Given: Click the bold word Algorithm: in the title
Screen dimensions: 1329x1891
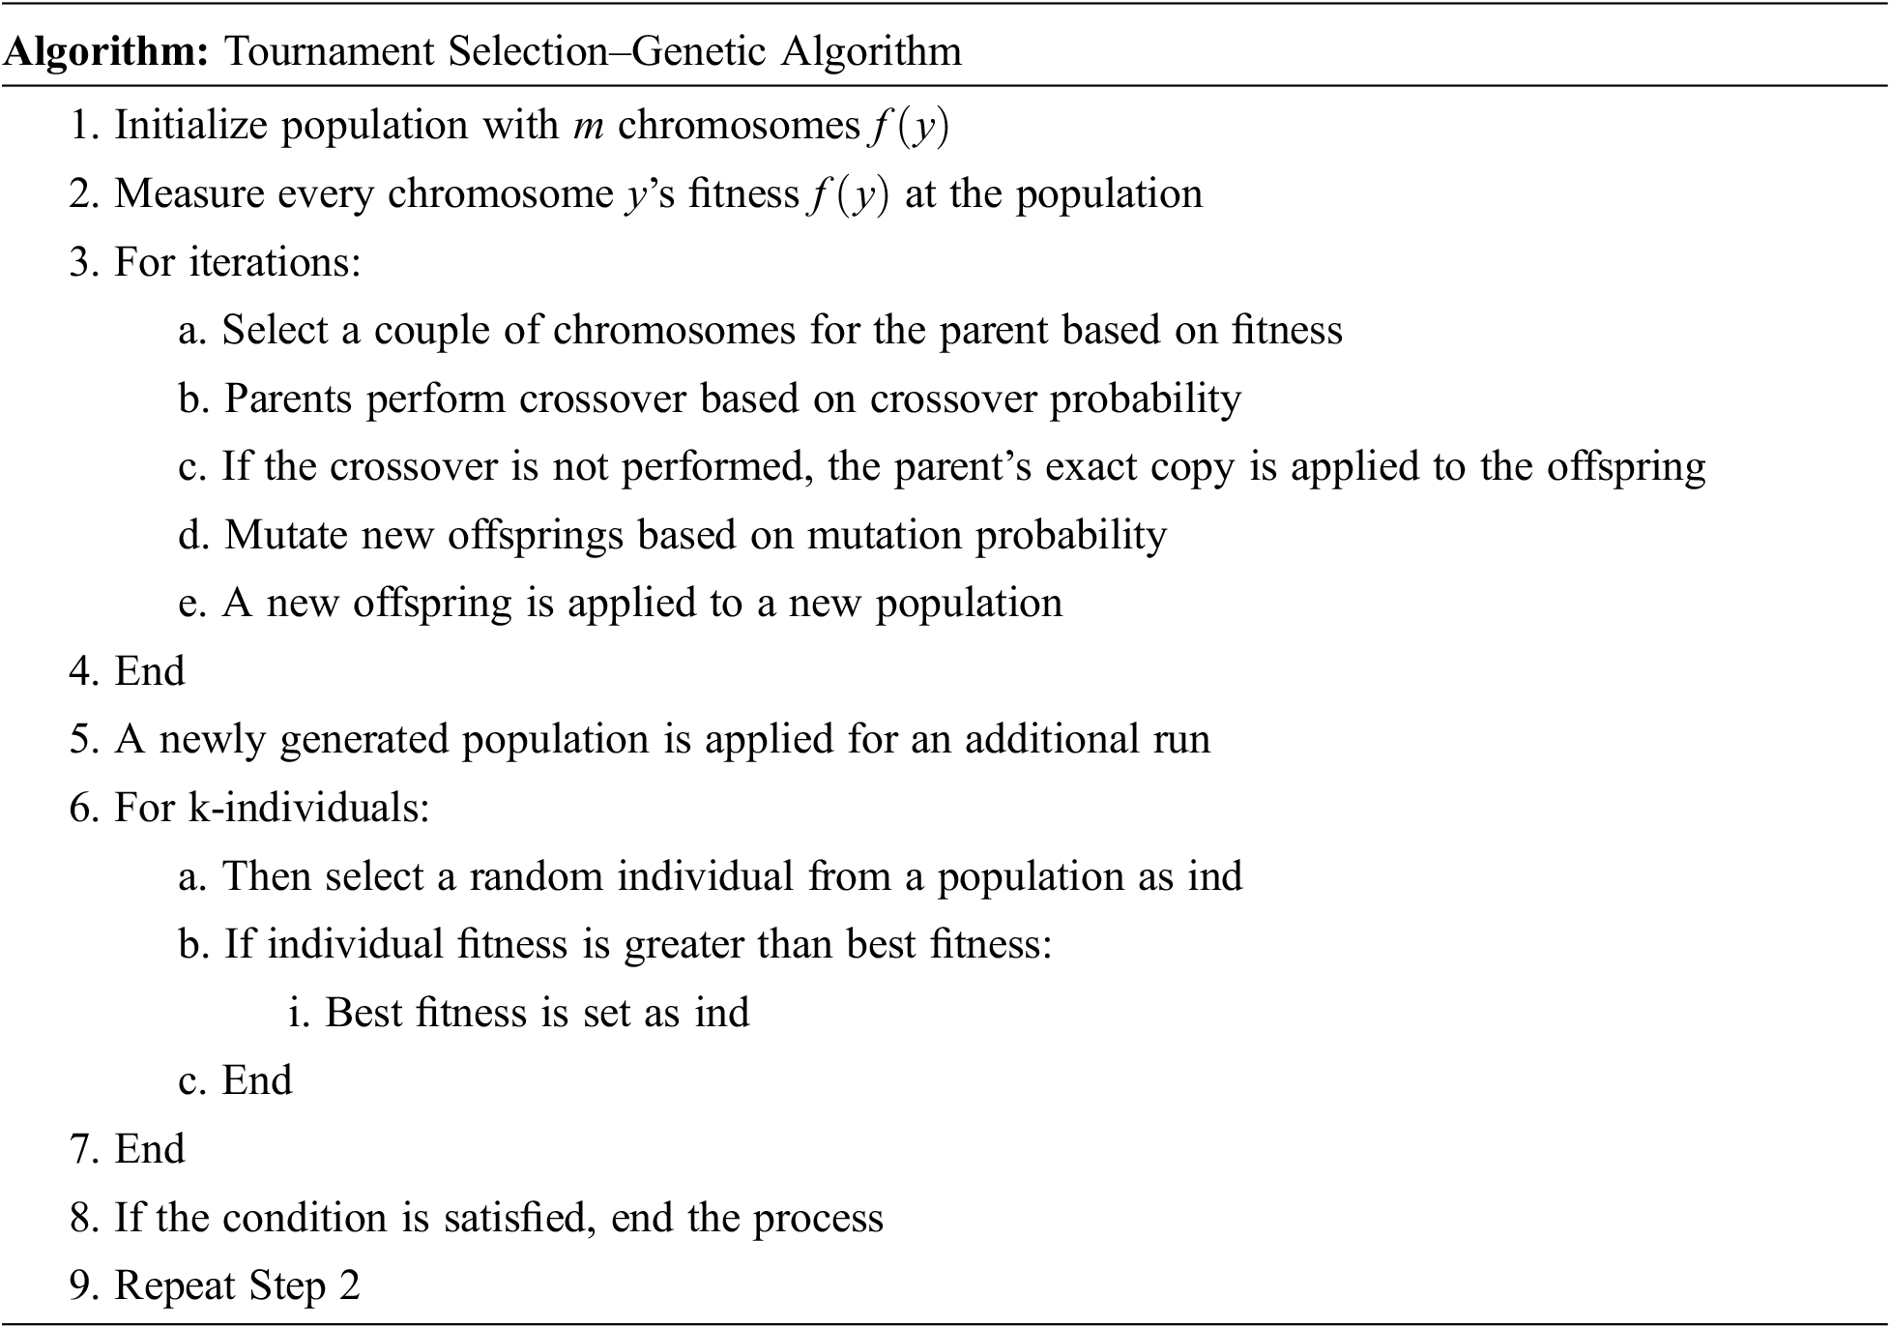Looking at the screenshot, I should (x=106, y=50).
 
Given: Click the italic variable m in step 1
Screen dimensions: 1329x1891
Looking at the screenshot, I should (x=588, y=126).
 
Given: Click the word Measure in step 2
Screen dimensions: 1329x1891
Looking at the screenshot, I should (x=189, y=193).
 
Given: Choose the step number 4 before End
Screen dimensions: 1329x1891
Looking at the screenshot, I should (x=80, y=671).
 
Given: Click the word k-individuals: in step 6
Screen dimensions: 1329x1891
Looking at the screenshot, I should (x=308, y=808).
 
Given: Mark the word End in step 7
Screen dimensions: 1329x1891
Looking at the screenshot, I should (x=150, y=1149).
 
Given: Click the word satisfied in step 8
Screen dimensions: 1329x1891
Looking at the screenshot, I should (x=520, y=1218).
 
